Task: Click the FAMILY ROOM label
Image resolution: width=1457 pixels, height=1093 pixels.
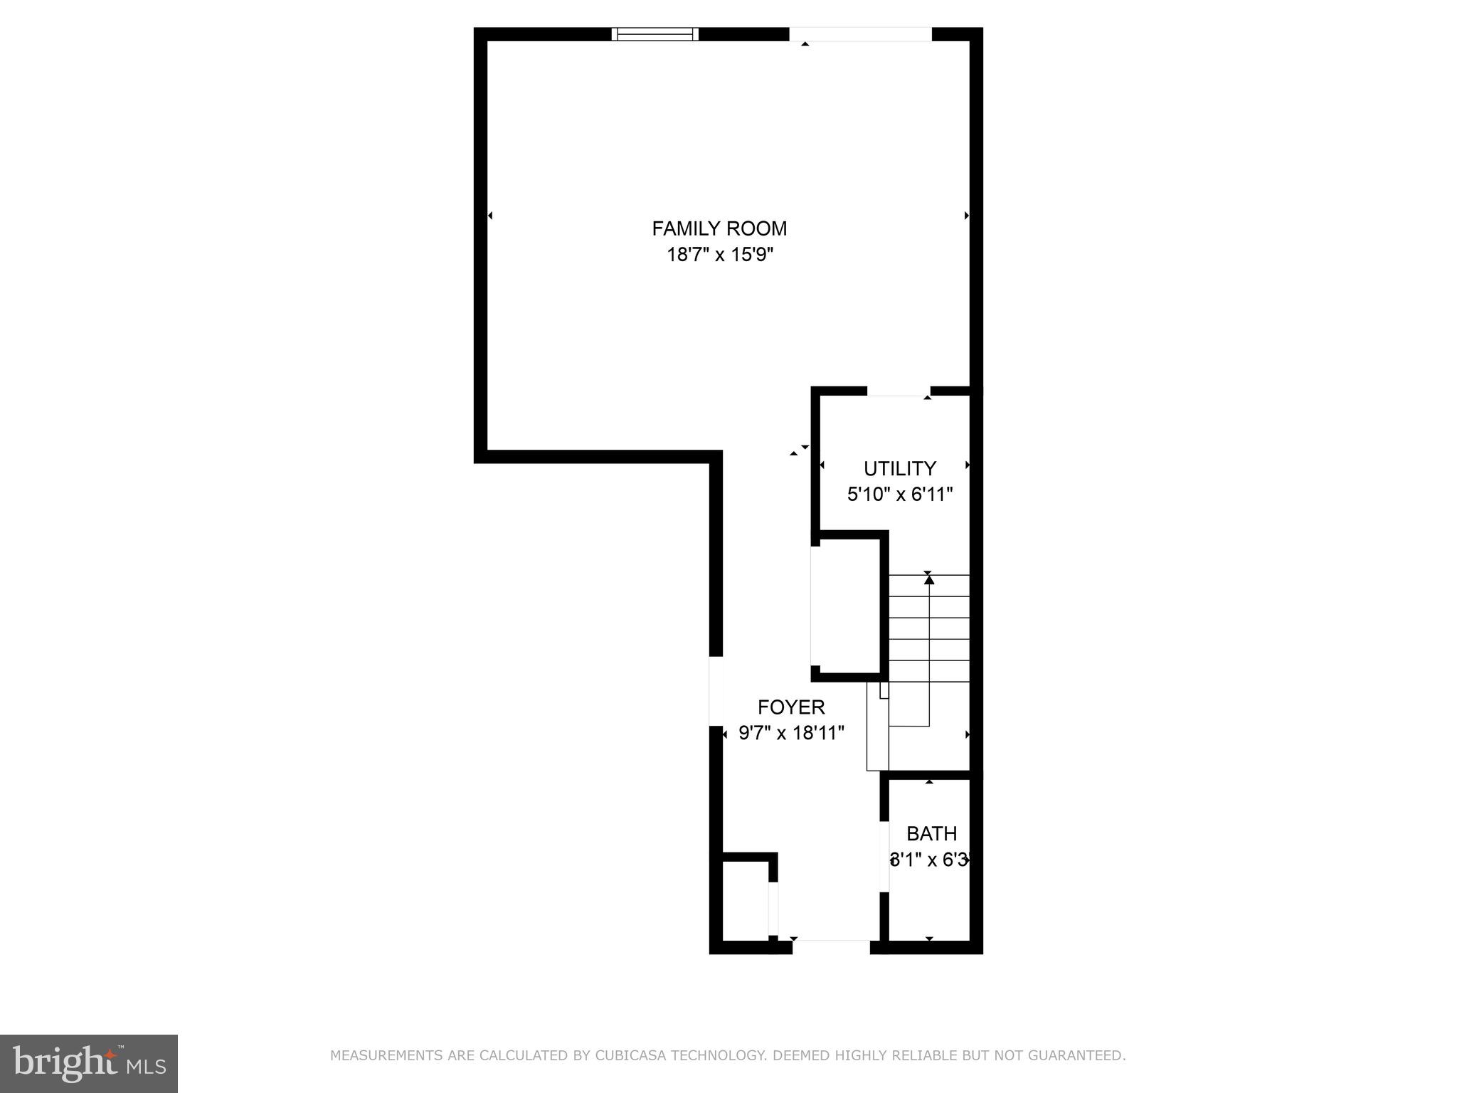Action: (719, 228)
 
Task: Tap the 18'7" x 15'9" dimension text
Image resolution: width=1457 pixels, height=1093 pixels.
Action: (719, 255)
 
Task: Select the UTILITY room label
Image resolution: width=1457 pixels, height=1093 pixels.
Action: (899, 469)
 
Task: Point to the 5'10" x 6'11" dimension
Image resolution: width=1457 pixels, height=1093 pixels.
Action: (899, 495)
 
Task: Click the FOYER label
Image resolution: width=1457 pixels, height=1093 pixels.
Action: (791, 707)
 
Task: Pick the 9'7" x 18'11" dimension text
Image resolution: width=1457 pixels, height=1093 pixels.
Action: (791, 733)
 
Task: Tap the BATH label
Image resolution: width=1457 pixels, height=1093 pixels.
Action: (931, 833)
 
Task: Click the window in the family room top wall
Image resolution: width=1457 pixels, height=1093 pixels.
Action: (655, 34)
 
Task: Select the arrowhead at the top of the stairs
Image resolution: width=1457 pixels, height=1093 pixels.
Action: (928, 580)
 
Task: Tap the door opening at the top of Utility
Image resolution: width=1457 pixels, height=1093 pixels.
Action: (899, 391)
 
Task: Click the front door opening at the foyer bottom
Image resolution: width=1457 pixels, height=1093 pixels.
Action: (831, 946)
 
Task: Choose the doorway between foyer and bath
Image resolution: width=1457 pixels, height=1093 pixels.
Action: (884, 857)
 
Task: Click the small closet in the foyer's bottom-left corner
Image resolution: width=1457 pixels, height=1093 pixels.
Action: (745, 901)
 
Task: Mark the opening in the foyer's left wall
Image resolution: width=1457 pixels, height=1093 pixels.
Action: (716, 690)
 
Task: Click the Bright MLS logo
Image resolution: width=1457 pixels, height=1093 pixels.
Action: (89, 1063)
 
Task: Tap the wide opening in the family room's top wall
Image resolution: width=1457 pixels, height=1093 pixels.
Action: (860, 34)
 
